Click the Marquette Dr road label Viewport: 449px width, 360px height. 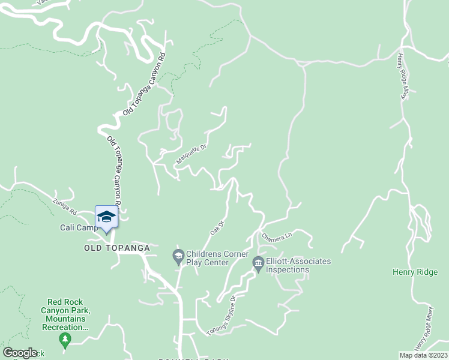click(191, 154)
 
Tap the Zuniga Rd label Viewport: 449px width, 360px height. click(65, 207)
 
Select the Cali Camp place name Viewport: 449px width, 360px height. click(78, 228)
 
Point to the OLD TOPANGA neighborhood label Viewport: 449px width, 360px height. click(116, 247)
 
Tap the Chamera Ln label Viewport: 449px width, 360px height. click(277, 236)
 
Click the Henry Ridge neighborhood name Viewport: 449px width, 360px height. click(415, 272)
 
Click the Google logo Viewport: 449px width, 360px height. click(20, 353)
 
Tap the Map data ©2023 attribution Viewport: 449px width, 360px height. click(424, 355)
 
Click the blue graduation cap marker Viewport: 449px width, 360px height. click(106, 217)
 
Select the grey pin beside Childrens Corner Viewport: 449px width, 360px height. click(178, 256)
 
